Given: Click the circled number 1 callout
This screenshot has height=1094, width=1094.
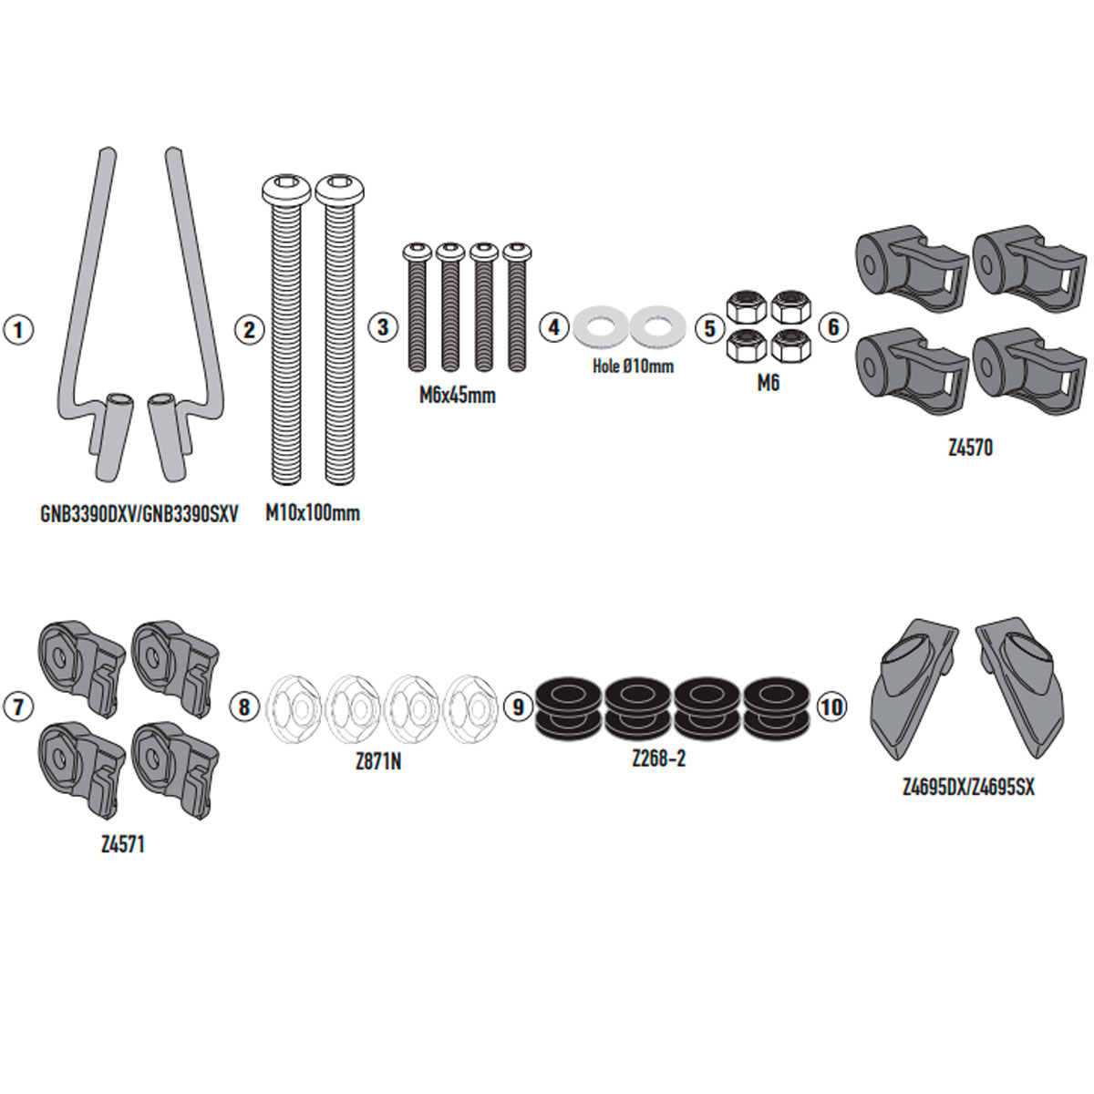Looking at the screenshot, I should (19, 329).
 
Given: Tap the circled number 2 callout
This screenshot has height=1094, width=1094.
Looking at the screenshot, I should (248, 329).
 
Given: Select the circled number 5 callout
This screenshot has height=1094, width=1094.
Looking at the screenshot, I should (710, 328).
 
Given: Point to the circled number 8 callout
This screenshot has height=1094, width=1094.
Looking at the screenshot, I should (243, 707).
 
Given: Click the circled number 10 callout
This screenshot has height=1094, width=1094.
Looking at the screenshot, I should (831, 707).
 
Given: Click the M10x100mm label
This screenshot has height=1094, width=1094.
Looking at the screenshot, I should (313, 513).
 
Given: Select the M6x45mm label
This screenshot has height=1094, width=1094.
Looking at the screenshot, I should (457, 396).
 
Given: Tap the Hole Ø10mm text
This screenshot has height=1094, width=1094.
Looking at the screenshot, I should (627, 366).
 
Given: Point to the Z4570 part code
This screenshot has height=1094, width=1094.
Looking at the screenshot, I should (969, 449).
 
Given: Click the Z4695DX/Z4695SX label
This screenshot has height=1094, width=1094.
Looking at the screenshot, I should (968, 787).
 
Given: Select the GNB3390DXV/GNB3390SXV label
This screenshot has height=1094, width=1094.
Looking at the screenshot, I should (139, 514).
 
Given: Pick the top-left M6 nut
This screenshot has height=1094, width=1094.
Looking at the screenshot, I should (747, 307).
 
